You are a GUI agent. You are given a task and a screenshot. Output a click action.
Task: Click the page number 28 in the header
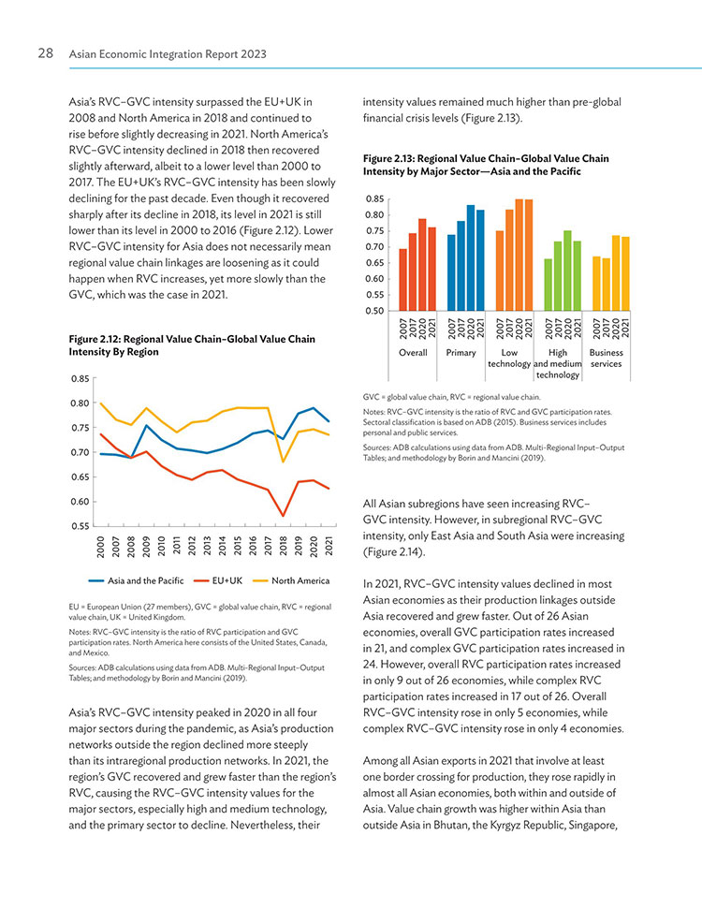pos(45,53)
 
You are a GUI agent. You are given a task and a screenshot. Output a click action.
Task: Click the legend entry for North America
pos(292,580)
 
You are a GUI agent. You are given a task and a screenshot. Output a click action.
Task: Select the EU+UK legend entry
pos(218,580)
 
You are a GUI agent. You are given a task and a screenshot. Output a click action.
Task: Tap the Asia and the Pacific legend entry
pos(136,580)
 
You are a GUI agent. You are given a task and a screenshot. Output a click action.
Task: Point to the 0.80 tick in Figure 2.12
pos(80,403)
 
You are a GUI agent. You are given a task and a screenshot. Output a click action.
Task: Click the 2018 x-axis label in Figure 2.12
pos(284,547)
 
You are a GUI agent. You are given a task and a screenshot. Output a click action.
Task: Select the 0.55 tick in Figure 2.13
pos(375,295)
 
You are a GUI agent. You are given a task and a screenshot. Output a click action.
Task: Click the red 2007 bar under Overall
pos(402,280)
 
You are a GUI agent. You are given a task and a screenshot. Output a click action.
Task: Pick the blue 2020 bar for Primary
pos(471,258)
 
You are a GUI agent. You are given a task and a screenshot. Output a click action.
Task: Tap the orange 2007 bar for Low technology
pos(500,271)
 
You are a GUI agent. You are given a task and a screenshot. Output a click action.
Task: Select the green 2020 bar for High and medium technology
pos(567,271)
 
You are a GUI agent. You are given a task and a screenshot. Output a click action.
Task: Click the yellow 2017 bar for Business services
pos(607,285)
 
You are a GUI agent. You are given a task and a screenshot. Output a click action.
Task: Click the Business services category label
pos(606,359)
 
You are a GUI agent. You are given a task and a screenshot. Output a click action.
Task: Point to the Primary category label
pos(461,353)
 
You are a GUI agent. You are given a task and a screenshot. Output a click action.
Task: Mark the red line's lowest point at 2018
pos(284,516)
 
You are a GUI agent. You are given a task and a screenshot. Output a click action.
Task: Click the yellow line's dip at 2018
pos(284,462)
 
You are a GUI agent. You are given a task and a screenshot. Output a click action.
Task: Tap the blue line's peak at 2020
pos(314,408)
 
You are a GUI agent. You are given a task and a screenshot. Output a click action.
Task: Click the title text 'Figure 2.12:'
pos(95,339)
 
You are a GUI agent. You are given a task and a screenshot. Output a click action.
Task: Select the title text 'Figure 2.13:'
pos(389,158)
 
